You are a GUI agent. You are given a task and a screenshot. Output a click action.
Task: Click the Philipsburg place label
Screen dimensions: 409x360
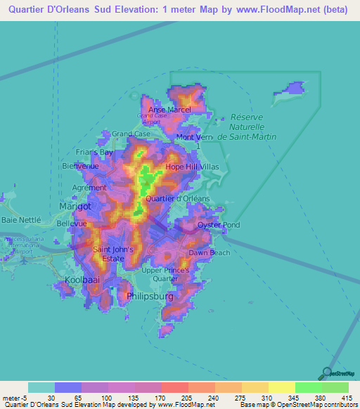tap(150, 297)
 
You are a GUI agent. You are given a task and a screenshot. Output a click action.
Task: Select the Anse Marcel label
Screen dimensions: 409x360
tap(169, 110)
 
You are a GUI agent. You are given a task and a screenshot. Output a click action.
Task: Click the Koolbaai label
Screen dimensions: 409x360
tap(82, 280)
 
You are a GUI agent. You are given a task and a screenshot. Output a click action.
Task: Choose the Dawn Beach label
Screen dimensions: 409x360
tap(209, 252)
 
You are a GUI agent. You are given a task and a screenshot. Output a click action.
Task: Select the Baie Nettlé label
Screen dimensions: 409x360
tap(21, 220)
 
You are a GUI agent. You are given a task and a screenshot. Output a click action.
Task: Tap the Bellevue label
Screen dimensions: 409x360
tap(71, 223)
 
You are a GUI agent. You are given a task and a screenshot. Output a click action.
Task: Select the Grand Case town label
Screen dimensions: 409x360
tap(131, 134)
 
